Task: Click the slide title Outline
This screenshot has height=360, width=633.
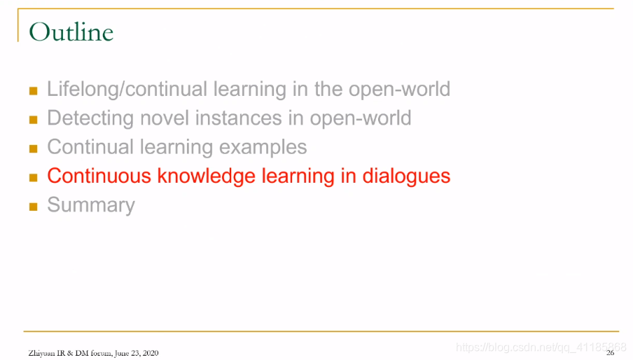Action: click(x=71, y=32)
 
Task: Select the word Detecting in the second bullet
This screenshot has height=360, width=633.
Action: click(x=90, y=118)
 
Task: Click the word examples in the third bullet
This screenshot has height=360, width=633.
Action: click(x=263, y=147)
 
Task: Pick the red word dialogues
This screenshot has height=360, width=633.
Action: click(x=406, y=176)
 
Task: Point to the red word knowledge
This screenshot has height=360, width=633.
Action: click(x=207, y=176)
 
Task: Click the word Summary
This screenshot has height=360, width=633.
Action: click(x=91, y=205)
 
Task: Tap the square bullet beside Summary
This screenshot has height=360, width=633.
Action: click(x=34, y=207)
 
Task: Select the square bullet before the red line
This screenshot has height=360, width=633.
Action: click(x=34, y=178)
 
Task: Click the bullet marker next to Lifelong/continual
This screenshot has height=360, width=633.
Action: click(x=34, y=91)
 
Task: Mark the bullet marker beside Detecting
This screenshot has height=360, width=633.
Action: click(x=34, y=120)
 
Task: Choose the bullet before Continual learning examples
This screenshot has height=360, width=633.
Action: click(x=34, y=149)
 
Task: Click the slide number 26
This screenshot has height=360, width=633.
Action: click(x=610, y=353)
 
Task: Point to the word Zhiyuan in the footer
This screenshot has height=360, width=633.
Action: click(x=41, y=353)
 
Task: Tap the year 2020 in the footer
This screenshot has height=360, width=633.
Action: click(x=151, y=353)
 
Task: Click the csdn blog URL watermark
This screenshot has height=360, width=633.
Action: click(x=541, y=347)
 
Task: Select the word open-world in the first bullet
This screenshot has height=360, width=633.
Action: click(x=399, y=89)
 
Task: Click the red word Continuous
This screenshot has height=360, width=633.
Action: click(x=99, y=176)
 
